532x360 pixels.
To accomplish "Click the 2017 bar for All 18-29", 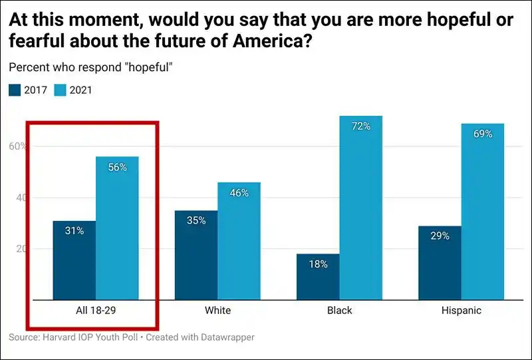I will (x=74, y=260).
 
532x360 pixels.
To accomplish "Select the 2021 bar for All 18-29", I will (x=117, y=230).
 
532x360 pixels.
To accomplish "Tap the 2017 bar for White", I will (x=196, y=256).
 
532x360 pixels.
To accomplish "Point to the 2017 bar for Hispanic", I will (x=440, y=263).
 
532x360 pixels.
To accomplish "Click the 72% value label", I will (x=360, y=126).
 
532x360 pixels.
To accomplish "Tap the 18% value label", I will (x=318, y=264).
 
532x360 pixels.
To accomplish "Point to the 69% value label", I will (x=483, y=134).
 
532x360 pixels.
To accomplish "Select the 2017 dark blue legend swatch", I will (x=15, y=90).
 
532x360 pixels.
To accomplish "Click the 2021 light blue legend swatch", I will (x=60, y=90).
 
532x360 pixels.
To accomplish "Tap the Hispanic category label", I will (x=461, y=311).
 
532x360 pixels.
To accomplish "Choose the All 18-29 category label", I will (x=96, y=311).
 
